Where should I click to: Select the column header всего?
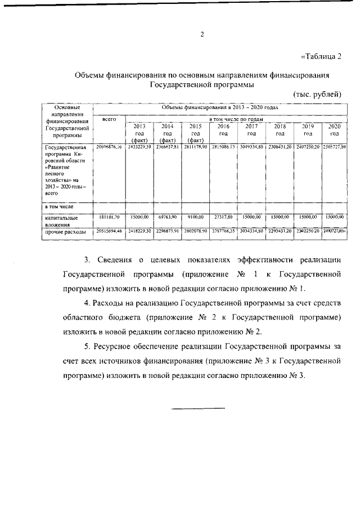coord(109,119)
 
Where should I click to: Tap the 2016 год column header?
coord(223,130)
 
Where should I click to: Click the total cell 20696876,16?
coord(109,147)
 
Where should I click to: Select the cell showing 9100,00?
coord(196,217)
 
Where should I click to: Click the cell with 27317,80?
coord(223,217)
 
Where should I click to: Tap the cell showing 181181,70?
coord(109,217)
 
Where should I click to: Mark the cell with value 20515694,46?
coord(109,231)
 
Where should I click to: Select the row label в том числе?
coord(59,207)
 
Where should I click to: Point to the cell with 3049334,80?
coord(251,147)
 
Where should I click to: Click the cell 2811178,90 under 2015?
coord(196,147)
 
